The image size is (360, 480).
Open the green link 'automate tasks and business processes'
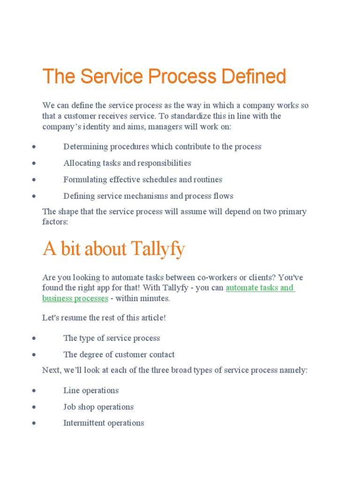(260, 288)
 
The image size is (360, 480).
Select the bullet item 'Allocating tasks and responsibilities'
(127, 163)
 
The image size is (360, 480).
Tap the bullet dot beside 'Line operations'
(34, 391)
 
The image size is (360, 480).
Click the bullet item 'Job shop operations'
(98, 407)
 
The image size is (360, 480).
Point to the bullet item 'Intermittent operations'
(104, 423)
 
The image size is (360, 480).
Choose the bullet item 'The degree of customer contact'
(119, 354)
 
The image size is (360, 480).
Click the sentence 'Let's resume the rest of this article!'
(104, 318)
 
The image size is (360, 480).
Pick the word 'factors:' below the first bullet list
(55, 222)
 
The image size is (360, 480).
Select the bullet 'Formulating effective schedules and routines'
(142, 180)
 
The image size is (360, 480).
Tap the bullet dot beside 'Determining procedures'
(34, 147)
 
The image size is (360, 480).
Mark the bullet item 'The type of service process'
(112, 338)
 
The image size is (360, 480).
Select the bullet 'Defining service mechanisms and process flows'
(148, 196)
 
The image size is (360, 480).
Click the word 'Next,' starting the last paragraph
(52, 370)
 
